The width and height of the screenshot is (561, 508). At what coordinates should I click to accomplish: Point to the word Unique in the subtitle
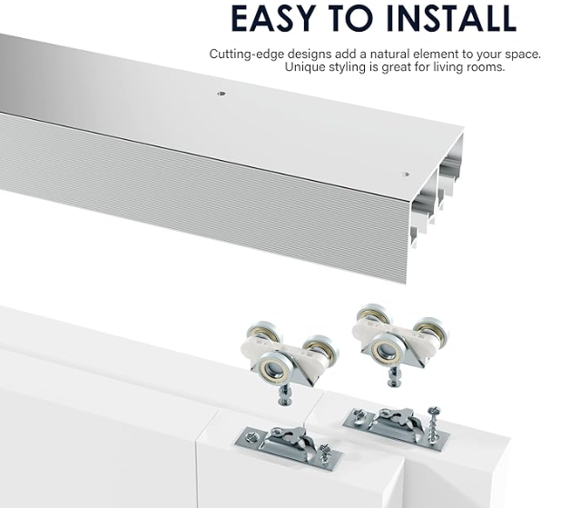pyautogui.click(x=306, y=67)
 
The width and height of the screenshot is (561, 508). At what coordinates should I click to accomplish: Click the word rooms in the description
pyautogui.click(x=484, y=67)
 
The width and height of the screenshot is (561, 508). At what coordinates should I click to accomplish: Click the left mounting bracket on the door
pyautogui.click(x=272, y=443)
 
